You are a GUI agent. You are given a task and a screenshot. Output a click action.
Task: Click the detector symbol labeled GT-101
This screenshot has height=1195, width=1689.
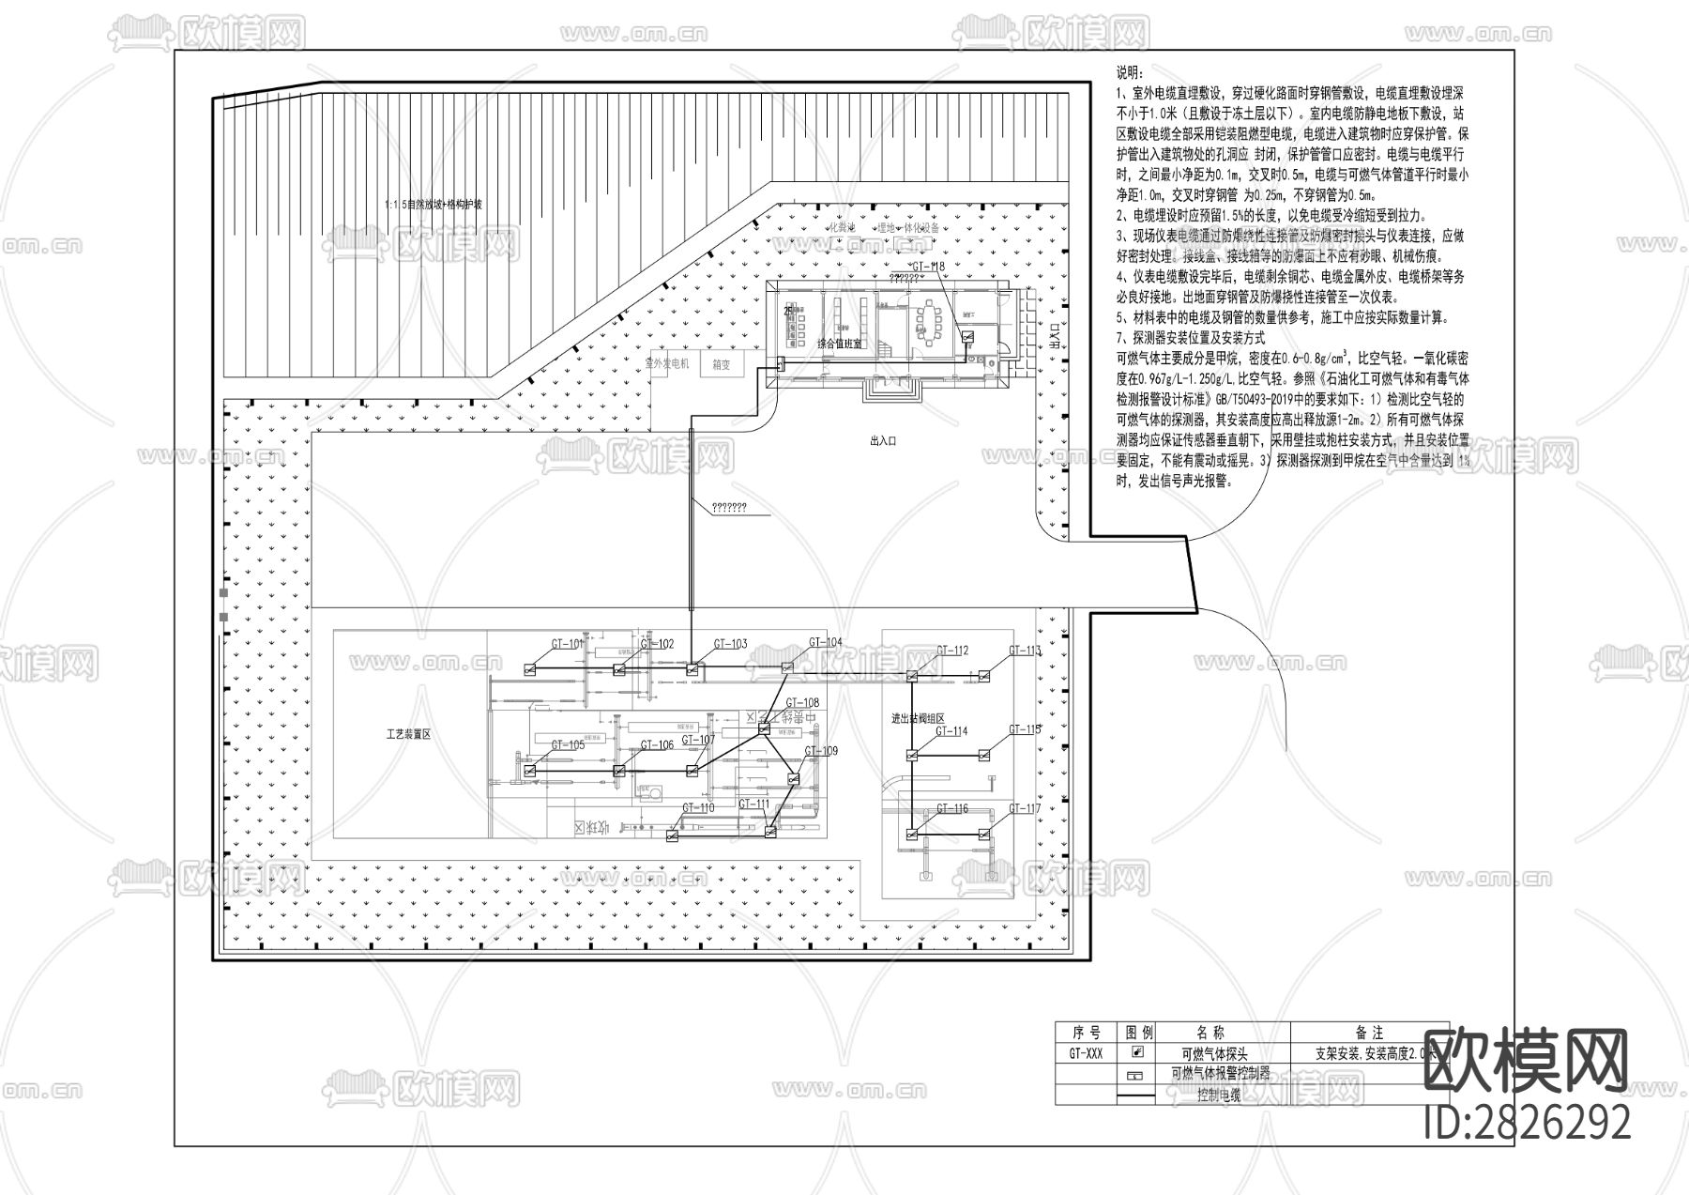(x=529, y=669)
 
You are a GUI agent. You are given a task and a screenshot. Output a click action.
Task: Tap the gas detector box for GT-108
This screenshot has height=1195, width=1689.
(x=764, y=728)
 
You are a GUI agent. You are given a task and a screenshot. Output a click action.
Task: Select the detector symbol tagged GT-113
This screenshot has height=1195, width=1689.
(x=984, y=675)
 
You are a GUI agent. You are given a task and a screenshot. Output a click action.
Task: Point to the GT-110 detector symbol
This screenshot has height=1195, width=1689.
(x=672, y=835)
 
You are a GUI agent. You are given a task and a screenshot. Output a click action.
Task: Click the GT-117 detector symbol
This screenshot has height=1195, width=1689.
(x=984, y=834)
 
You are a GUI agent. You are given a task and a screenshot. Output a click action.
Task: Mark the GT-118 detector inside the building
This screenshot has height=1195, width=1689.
(x=967, y=337)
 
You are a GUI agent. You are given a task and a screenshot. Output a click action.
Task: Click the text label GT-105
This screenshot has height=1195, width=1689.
(x=568, y=745)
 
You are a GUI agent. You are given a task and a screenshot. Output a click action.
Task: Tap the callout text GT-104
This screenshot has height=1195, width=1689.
(x=826, y=643)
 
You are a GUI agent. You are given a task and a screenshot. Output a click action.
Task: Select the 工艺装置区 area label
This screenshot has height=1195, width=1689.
(x=408, y=734)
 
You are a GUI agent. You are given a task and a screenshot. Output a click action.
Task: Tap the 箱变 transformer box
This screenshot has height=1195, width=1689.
(x=721, y=365)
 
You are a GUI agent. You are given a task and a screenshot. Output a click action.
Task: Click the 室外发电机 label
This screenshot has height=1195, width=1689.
(x=667, y=363)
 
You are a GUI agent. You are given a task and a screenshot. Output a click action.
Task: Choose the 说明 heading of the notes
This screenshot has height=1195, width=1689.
(x=1130, y=72)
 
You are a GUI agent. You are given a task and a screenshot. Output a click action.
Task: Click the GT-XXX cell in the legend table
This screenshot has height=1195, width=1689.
(x=1086, y=1053)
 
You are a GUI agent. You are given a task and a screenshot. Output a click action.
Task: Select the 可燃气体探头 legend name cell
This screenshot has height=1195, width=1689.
(x=1214, y=1054)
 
